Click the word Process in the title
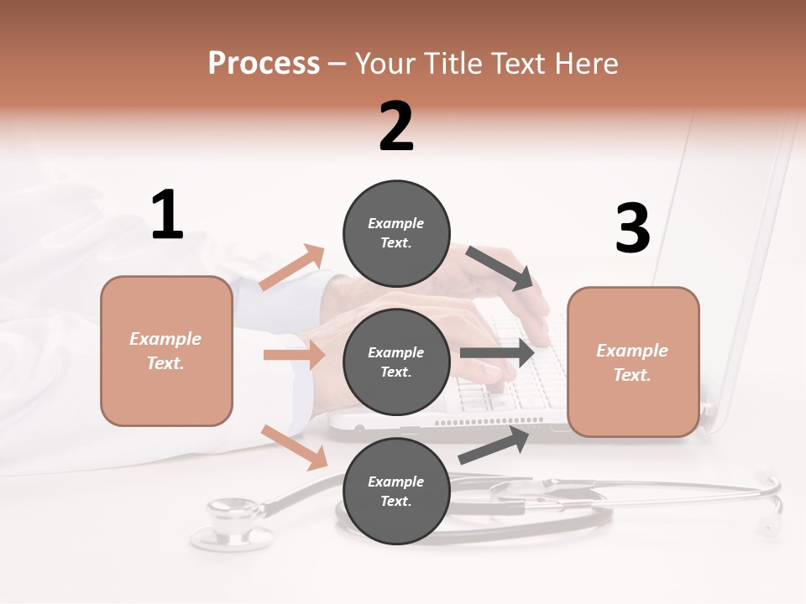click(x=264, y=64)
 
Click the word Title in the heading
click(x=450, y=64)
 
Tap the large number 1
click(x=167, y=216)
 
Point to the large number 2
click(x=396, y=127)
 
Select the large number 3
click(x=632, y=228)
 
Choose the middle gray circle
click(x=396, y=362)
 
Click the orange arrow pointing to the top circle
click(x=292, y=268)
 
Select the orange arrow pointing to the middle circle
click(x=294, y=355)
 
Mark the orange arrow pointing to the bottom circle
click(x=295, y=447)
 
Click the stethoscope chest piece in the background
click(x=232, y=523)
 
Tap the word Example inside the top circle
click(x=395, y=223)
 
